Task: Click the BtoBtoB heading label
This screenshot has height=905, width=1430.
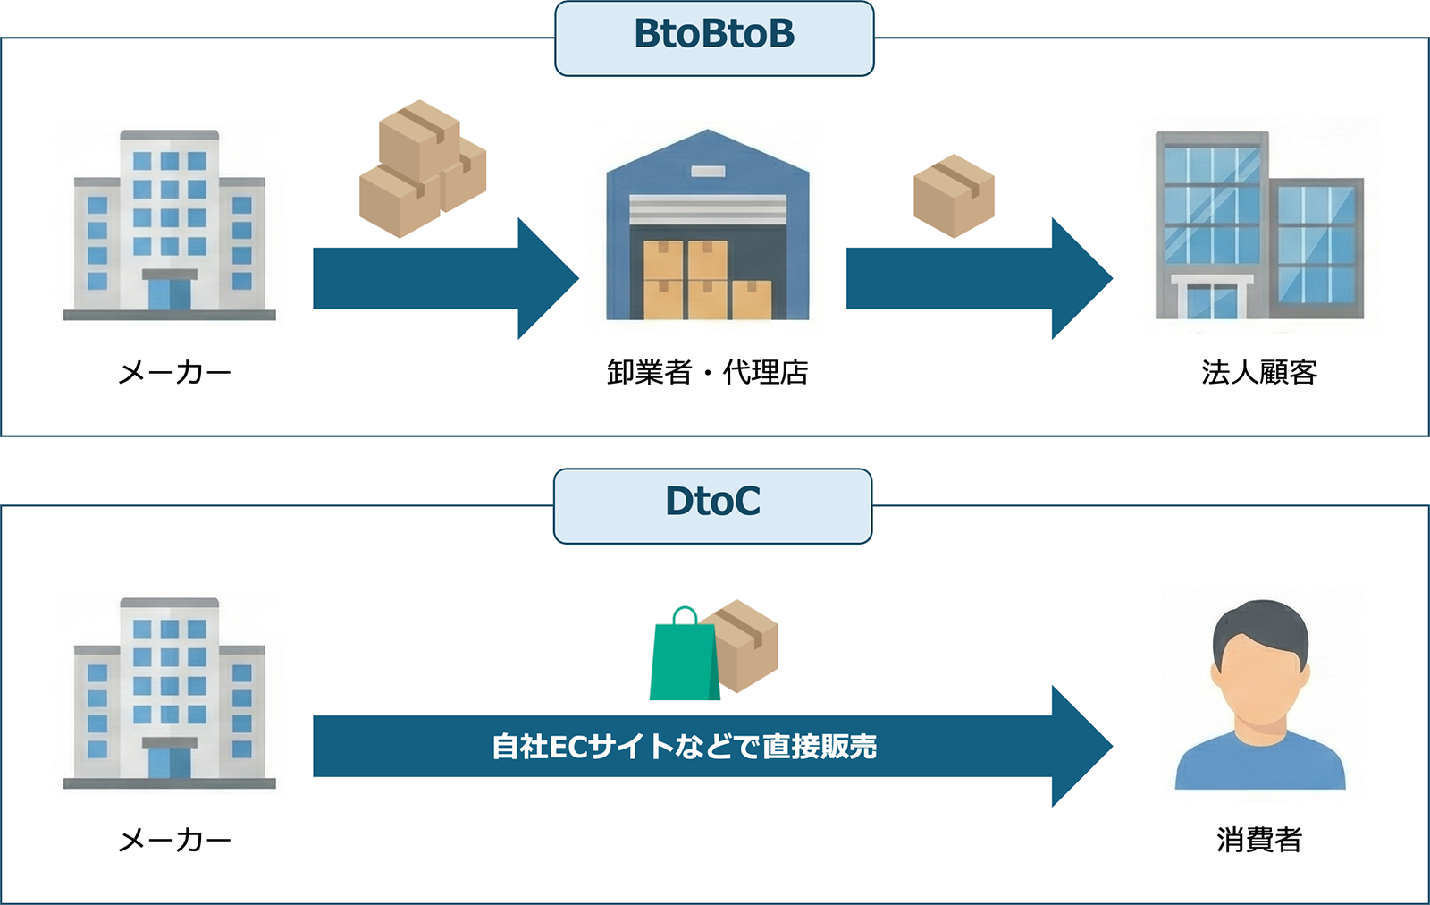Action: [x=713, y=35]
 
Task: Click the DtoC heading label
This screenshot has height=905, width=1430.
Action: [x=712, y=502]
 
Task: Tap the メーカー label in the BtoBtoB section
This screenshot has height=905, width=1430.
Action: [x=175, y=372]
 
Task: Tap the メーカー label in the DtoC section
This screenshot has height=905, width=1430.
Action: [x=175, y=840]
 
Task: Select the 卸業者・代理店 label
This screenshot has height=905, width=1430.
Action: [x=707, y=372]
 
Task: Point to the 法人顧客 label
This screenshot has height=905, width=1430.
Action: [x=1258, y=372]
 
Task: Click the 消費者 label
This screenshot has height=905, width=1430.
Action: [x=1258, y=840]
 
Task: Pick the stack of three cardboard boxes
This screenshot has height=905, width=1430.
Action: [x=421, y=170]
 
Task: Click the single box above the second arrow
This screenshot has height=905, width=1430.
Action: [x=954, y=196]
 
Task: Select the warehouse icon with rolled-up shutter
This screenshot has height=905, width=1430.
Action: [x=707, y=228]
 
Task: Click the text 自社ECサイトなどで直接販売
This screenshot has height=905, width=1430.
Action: [x=684, y=747]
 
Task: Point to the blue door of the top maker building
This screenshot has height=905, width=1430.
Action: [x=169, y=294]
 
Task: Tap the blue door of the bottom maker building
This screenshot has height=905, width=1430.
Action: [x=169, y=763]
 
